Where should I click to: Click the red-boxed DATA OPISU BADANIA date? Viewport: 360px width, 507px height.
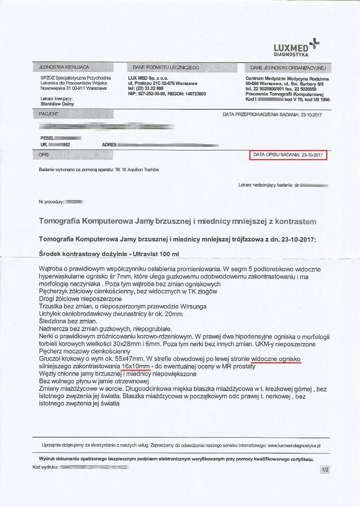coord(287,155)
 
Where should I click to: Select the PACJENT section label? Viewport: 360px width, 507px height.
coord(49,114)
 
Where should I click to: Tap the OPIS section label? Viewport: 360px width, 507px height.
coord(44,154)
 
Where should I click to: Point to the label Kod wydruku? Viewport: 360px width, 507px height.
coord(45,466)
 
